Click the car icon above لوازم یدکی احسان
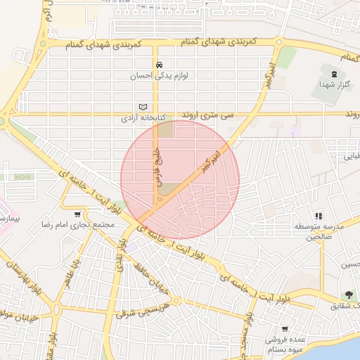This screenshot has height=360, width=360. tap(158, 63)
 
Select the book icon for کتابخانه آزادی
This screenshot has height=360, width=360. tap(144, 107)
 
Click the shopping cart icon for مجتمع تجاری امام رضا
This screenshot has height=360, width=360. tap(77, 214)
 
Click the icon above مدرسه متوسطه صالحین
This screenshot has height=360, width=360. tap(318, 216)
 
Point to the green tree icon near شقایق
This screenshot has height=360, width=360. tap(347, 295)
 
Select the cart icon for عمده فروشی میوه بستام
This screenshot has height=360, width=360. tap(285, 328)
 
